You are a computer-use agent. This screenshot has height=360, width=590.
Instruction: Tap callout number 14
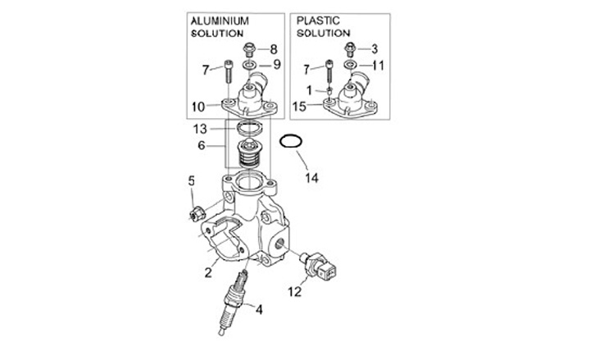pyautogui.click(x=310, y=176)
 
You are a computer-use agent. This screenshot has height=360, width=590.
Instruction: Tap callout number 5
pyautogui.click(x=192, y=180)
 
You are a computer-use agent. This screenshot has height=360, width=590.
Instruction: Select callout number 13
pyautogui.click(x=201, y=129)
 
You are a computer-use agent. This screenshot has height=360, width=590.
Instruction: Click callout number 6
pyautogui.click(x=201, y=144)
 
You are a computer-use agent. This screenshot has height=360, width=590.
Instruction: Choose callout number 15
pyautogui.click(x=302, y=106)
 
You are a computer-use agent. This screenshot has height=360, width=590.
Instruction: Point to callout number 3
pyautogui.click(x=374, y=48)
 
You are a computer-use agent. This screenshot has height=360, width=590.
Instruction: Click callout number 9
pyautogui.click(x=276, y=64)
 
